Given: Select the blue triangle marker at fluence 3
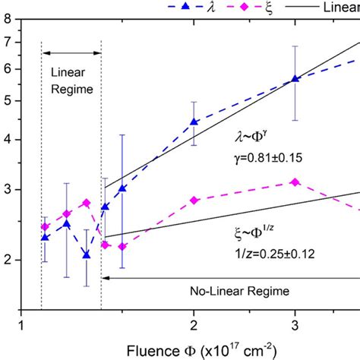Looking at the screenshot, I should pos(295,79).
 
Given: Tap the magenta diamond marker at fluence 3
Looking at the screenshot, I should pos(295,182).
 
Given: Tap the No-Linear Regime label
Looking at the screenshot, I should pos(227,291).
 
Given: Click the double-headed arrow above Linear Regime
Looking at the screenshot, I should pos(71,52).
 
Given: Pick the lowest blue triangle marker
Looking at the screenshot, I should pos(87,255).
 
